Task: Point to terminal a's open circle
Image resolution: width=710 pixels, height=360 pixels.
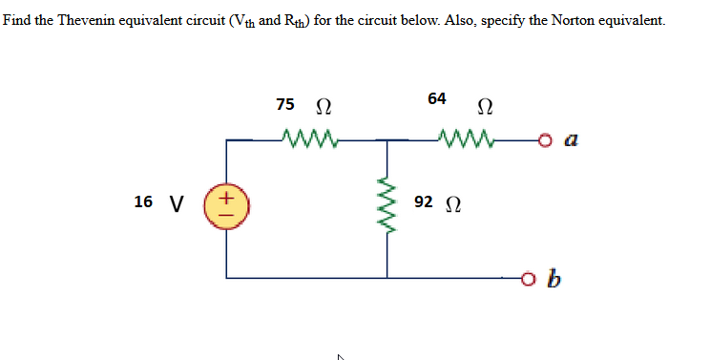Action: coord(547,140)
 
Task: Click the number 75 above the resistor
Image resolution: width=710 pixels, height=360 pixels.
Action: coord(284,103)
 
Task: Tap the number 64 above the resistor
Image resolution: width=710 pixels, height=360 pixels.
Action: coord(437,98)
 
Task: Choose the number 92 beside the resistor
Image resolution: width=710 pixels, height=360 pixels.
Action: coord(425,201)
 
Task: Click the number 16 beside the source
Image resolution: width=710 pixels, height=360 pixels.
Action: coord(143,201)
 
